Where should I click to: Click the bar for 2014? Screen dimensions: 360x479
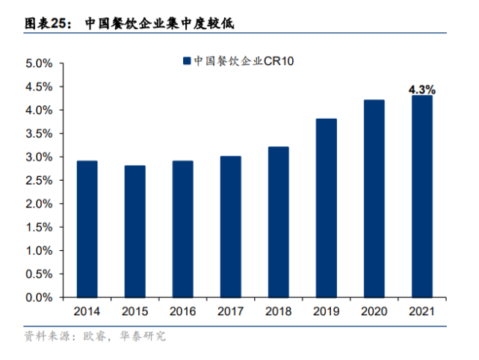(x=87, y=229)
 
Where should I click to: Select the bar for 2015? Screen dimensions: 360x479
(x=135, y=231)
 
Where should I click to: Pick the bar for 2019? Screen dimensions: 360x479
(x=326, y=208)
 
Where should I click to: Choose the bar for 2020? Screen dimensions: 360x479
(x=374, y=198)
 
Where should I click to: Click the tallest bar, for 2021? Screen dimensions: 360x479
(x=421, y=196)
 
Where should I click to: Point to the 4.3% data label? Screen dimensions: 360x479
(x=421, y=89)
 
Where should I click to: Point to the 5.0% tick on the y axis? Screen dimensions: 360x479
(x=38, y=63)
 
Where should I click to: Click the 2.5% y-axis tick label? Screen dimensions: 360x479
(x=38, y=181)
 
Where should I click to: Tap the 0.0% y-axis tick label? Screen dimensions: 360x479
(x=38, y=297)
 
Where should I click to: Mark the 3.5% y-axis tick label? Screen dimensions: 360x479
(x=38, y=134)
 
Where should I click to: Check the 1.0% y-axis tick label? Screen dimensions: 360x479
(x=38, y=251)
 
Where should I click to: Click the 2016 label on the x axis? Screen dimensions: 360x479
(x=182, y=311)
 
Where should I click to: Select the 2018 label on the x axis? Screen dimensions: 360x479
(x=278, y=311)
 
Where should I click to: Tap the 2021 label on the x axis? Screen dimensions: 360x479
(x=421, y=311)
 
